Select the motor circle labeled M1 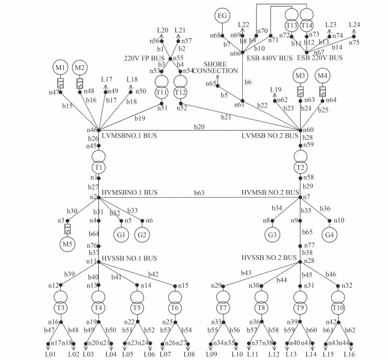click(x=60, y=67)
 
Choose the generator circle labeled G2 click(x=142, y=234)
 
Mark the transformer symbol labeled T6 click(x=175, y=300)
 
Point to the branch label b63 click(x=199, y=193)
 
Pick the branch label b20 click(x=199, y=126)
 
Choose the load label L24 click(x=354, y=25)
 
